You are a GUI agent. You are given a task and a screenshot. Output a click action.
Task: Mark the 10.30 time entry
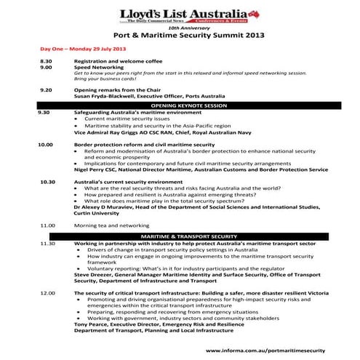pos(47,180)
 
